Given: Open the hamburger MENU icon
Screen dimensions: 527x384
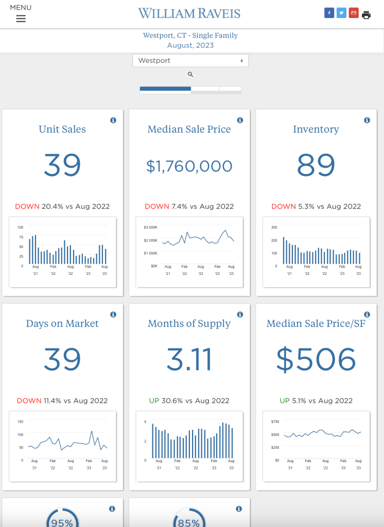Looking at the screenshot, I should tap(21, 19).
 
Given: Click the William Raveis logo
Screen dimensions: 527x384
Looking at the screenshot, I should tap(189, 13).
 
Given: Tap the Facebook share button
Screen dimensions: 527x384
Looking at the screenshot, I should tap(329, 13).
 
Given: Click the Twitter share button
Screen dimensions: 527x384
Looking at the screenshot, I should tap(341, 13).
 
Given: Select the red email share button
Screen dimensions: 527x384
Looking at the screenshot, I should tap(354, 13).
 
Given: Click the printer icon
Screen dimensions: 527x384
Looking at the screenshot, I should tap(366, 15).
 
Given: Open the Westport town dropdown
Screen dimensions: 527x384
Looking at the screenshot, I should tap(190, 61).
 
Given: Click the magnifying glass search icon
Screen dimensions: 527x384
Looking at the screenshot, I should tap(190, 75).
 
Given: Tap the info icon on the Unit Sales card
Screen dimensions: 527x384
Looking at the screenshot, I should tap(113, 120).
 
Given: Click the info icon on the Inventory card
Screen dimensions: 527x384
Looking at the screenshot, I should tap(367, 120).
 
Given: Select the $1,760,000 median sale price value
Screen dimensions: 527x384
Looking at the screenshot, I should tap(189, 166).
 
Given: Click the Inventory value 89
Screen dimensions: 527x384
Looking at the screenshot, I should tap(316, 165).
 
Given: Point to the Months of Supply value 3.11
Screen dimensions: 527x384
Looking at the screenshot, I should tap(189, 359).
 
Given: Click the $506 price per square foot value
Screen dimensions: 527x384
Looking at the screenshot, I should tap(316, 359).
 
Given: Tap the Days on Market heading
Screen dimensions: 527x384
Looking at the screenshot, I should tap(62, 324).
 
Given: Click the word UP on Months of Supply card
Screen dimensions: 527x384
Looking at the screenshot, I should tap(154, 400).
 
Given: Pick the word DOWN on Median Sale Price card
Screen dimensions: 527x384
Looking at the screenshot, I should tap(157, 206).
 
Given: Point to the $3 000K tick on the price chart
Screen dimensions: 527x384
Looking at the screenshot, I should tap(150, 227).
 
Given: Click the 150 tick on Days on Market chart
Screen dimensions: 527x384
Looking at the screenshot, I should tap(21, 421).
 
